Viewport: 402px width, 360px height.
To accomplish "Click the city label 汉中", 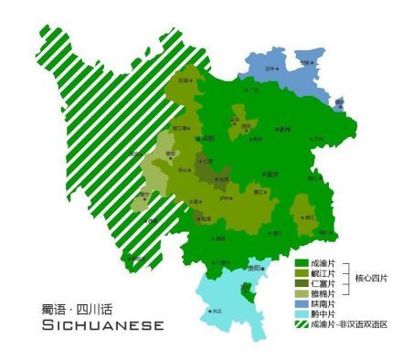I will [x=270, y=68].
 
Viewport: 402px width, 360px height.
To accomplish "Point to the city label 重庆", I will [x=271, y=173].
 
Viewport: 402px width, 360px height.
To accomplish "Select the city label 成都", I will [x=207, y=138].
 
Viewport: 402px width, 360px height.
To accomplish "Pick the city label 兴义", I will [x=217, y=311].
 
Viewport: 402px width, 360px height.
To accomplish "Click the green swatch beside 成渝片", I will [x=299, y=261].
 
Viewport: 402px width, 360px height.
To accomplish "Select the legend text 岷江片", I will [x=323, y=272].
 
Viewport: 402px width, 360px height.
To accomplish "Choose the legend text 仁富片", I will [x=323, y=283].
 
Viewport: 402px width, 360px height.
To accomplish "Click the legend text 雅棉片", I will [x=323, y=293].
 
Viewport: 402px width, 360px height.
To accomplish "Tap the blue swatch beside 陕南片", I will [x=299, y=303].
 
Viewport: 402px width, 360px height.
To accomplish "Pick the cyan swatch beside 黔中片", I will [x=299, y=313].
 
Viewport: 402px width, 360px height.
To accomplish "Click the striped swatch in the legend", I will [x=299, y=324].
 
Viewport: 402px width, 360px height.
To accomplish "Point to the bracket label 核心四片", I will [x=370, y=278].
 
